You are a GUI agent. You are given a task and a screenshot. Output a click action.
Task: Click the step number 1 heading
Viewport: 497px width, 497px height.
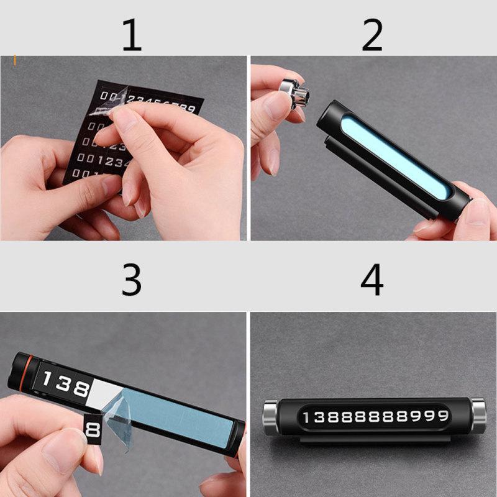(131, 35)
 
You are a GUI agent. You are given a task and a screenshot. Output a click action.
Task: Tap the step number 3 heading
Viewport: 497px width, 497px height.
(131, 281)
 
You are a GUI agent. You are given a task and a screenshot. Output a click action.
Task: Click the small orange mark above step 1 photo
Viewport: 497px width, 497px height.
(14, 61)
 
